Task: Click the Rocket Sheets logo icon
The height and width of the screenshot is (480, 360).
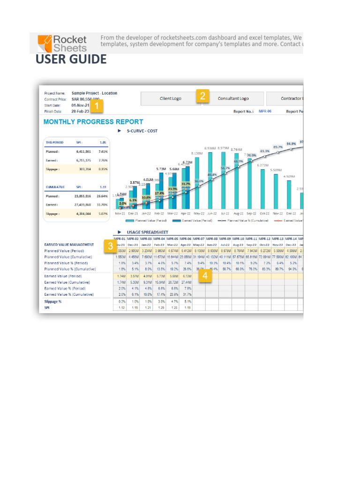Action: coord(45,43)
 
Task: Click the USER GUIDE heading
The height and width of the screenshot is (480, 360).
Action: coord(71,60)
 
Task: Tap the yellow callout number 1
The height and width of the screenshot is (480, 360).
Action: coord(97,107)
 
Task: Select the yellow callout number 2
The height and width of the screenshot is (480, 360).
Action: coord(202,96)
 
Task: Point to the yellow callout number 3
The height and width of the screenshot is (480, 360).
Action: coord(110,245)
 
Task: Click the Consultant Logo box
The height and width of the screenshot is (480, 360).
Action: coord(233,98)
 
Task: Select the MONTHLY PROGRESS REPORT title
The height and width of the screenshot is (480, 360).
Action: coord(93,121)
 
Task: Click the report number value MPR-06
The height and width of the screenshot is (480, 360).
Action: coord(265,112)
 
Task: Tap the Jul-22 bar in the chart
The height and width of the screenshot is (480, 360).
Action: coord(225,180)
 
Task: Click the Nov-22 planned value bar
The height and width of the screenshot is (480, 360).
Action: coord(277,191)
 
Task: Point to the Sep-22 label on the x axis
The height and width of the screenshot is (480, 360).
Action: coord(251,212)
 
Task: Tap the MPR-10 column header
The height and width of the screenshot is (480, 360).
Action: coord(238,239)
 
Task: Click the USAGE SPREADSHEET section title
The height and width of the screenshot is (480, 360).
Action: coord(149,232)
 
